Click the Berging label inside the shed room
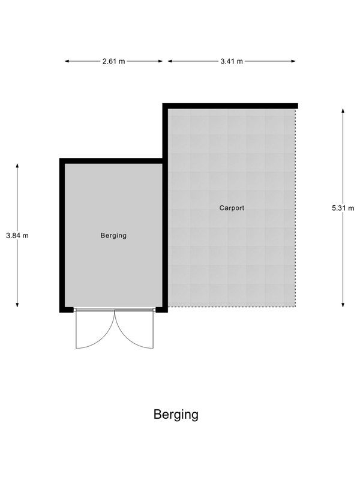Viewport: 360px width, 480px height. [x=113, y=236]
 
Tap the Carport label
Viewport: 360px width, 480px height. [x=232, y=208]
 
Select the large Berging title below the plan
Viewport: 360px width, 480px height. [x=176, y=414]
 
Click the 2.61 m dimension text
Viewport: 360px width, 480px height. [x=113, y=61]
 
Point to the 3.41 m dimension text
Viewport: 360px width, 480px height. [x=232, y=61]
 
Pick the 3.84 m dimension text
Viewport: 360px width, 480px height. [x=17, y=236]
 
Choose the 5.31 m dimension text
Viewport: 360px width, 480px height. [x=343, y=208]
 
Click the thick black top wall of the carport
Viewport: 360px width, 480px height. [x=231, y=106]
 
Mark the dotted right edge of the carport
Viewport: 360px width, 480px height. [x=296, y=208]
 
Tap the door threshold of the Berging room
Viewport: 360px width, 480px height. [x=114, y=310]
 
